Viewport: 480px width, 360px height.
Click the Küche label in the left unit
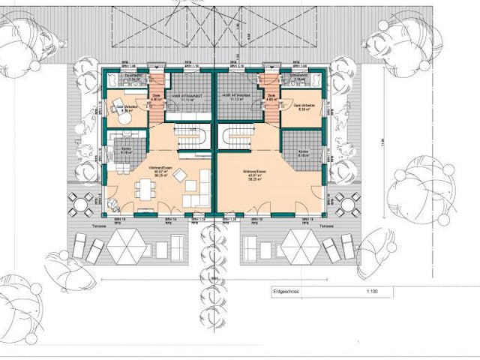[126, 148]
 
